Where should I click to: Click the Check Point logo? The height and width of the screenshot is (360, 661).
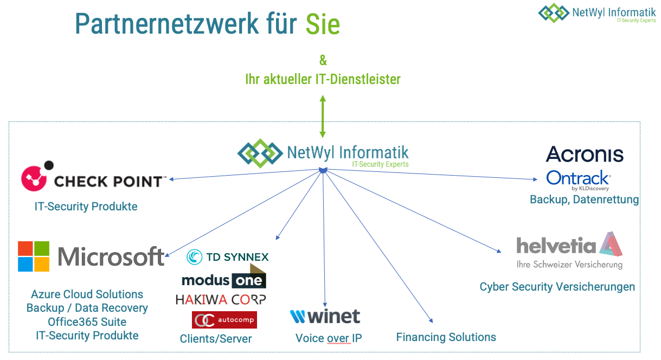pyautogui.click(x=92, y=178)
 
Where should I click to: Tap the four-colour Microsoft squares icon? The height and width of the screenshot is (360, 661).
pyautogui.click(x=34, y=256)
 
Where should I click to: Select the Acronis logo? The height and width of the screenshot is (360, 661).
pyautogui.click(x=585, y=154)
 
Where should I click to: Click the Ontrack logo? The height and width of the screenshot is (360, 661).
pyautogui.click(x=578, y=179)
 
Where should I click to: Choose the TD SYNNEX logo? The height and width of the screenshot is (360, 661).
pyautogui.click(x=228, y=256)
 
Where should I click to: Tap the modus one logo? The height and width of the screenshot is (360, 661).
pyautogui.click(x=223, y=278)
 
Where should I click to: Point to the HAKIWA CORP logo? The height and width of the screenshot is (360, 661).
pyautogui.click(x=221, y=299)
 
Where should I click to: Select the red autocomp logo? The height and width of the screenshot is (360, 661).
pyautogui.click(x=224, y=320)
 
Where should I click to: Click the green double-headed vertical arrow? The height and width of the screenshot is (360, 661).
pyautogui.click(x=323, y=116)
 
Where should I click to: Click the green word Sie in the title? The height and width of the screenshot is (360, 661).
pyautogui.click(x=323, y=24)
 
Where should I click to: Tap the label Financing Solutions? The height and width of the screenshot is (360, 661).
pyautogui.click(x=446, y=337)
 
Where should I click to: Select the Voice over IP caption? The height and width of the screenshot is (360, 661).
pyautogui.click(x=329, y=338)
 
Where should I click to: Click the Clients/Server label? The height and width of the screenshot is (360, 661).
pyautogui.click(x=216, y=339)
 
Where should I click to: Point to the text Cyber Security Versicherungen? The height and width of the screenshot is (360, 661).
pyautogui.click(x=557, y=287)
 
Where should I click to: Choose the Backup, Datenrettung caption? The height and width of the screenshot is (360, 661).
pyautogui.click(x=584, y=200)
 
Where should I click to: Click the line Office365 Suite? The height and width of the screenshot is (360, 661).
pyautogui.click(x=87, y=322)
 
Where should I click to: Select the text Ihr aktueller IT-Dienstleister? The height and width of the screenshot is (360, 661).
pyautogui.click(x=323, y=79)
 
